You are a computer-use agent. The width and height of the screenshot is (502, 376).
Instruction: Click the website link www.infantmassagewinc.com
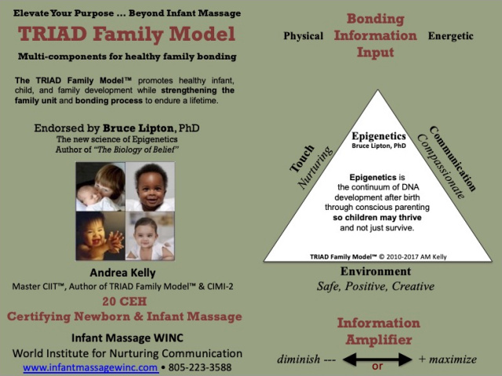click(91, 367)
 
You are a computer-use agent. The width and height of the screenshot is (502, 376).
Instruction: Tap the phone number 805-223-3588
click(200, 367)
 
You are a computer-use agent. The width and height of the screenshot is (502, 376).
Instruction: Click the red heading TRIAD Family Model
click(127, 34)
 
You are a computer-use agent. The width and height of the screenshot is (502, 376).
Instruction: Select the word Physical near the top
click(304, 36)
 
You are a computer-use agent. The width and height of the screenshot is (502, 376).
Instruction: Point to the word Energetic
click(450, 36)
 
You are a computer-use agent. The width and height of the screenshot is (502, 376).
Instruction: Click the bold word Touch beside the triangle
click(302, 158)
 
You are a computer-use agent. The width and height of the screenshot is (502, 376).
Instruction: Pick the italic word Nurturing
click(315, 168)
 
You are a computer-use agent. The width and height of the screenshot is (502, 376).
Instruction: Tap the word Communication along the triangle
click(453, 158)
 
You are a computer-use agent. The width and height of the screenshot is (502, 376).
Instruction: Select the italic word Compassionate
click(441, 166)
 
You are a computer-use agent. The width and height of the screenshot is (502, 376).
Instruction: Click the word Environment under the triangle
click(376, 271)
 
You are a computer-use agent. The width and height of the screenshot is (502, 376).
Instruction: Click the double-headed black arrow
click(377, 359)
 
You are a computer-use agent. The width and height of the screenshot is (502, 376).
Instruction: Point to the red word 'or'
click(377, 367)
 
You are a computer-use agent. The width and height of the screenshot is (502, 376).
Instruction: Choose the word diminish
click(298, 359)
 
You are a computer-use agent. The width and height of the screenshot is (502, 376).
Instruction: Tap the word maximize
click(453, 360)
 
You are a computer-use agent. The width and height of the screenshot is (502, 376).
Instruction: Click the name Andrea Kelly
click(122, 273)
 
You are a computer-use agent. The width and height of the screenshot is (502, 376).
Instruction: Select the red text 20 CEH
click(125, 301)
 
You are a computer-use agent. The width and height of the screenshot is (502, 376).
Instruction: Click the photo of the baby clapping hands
click(100, 236)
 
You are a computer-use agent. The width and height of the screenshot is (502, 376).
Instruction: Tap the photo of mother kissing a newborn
click(100, 186)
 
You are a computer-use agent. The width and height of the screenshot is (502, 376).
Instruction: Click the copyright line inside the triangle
click(378, 257)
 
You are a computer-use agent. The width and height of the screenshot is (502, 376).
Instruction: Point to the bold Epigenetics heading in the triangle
click(379, 136)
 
